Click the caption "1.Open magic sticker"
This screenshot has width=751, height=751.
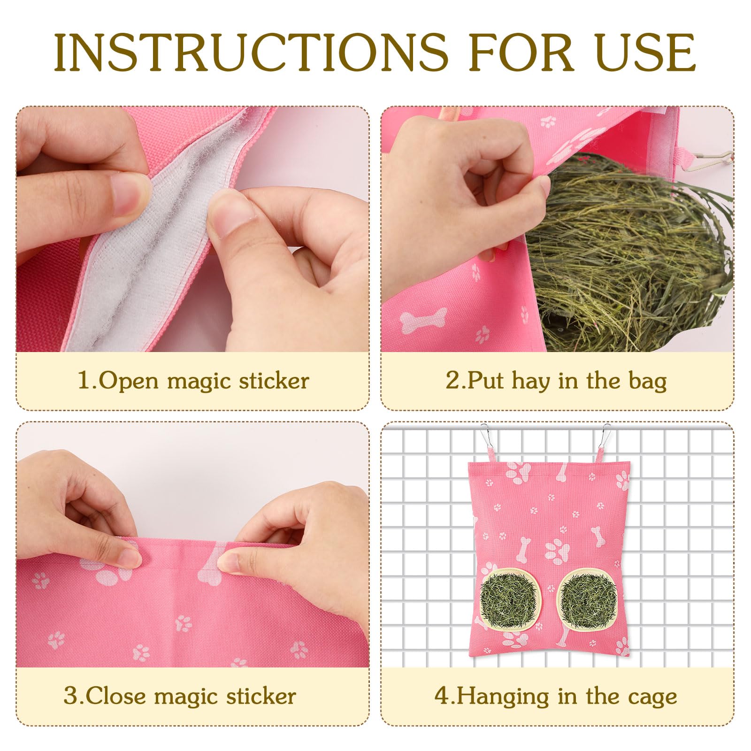coord(193,381)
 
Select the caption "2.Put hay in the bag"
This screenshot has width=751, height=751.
coord(556,381)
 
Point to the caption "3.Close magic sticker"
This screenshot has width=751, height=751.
coord(180,696)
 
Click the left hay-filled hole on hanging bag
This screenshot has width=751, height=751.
coord(510,600)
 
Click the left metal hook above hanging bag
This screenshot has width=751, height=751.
coord(486,437)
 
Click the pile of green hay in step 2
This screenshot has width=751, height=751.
coord(631,253)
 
